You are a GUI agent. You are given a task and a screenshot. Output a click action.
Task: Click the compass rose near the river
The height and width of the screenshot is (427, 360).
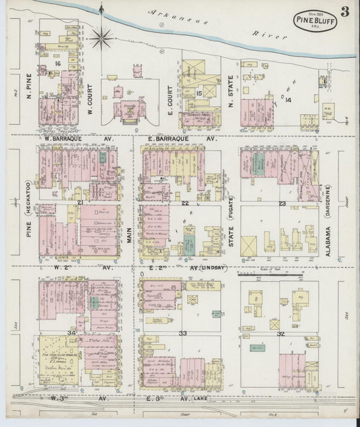[x=101, y=36]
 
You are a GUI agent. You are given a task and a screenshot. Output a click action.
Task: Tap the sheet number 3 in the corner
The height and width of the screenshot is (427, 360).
[x=344, y=11]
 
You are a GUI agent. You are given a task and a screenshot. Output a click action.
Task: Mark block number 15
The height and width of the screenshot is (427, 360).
[x=199, y=93]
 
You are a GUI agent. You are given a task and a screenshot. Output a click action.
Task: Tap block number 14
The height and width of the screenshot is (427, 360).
[x=288, y=99]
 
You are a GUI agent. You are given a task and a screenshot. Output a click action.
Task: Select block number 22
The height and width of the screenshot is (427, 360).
[x=184, y=202]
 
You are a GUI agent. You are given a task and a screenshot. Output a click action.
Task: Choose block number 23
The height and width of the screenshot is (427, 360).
[x=282, y=202]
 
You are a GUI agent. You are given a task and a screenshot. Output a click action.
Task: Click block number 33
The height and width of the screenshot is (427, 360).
[x=183, y=333]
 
